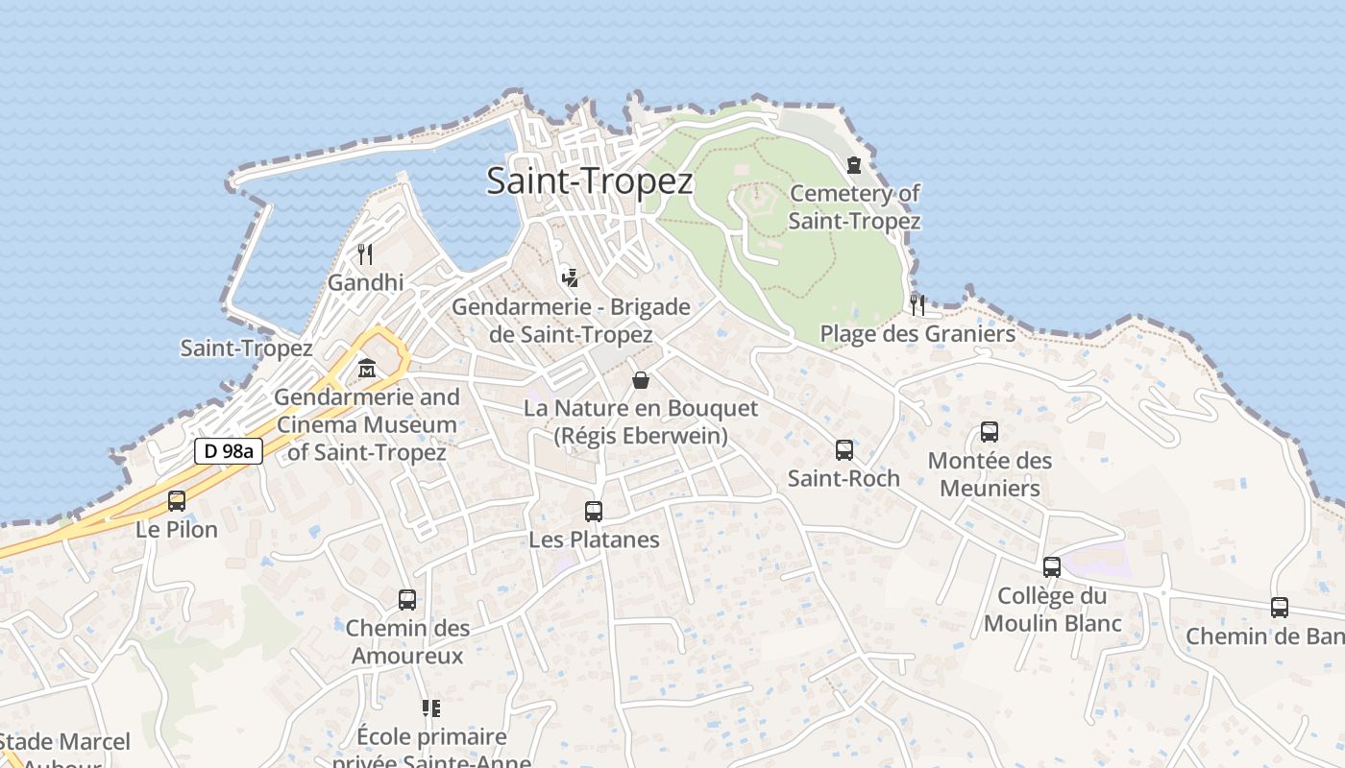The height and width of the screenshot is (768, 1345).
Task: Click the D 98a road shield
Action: (229, 451)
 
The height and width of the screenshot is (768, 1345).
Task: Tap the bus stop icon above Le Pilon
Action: (177, 500)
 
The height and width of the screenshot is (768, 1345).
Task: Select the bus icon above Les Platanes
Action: (594, 511)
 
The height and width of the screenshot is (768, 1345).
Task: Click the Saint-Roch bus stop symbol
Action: (844, 449)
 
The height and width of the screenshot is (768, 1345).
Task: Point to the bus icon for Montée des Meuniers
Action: (990, 432)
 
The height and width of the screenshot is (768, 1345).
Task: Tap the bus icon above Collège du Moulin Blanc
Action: (1052, 566)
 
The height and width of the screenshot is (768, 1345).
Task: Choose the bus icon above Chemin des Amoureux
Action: (407, 600)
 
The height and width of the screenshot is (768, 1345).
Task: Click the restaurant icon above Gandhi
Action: (365, 254)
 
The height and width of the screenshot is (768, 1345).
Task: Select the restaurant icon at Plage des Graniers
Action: (917, 305)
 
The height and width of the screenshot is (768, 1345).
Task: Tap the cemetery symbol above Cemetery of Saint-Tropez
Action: (854, 165)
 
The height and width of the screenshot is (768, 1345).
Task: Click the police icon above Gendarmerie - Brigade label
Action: (570, 278)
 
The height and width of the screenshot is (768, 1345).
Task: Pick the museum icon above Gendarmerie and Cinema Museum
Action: (366, 369)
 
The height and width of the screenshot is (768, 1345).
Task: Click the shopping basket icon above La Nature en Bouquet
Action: (641, 380)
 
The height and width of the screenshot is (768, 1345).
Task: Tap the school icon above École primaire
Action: (431, 708)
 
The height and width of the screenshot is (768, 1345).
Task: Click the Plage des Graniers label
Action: (917, 334)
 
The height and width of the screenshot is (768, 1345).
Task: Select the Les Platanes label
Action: (594, 540)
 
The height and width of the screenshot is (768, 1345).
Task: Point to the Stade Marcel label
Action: (65, 742)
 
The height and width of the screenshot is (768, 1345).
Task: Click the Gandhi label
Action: (365, 283)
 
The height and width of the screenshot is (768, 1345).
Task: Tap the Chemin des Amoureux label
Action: (407, 642)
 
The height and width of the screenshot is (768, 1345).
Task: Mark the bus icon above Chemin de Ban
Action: (1280, 607)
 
